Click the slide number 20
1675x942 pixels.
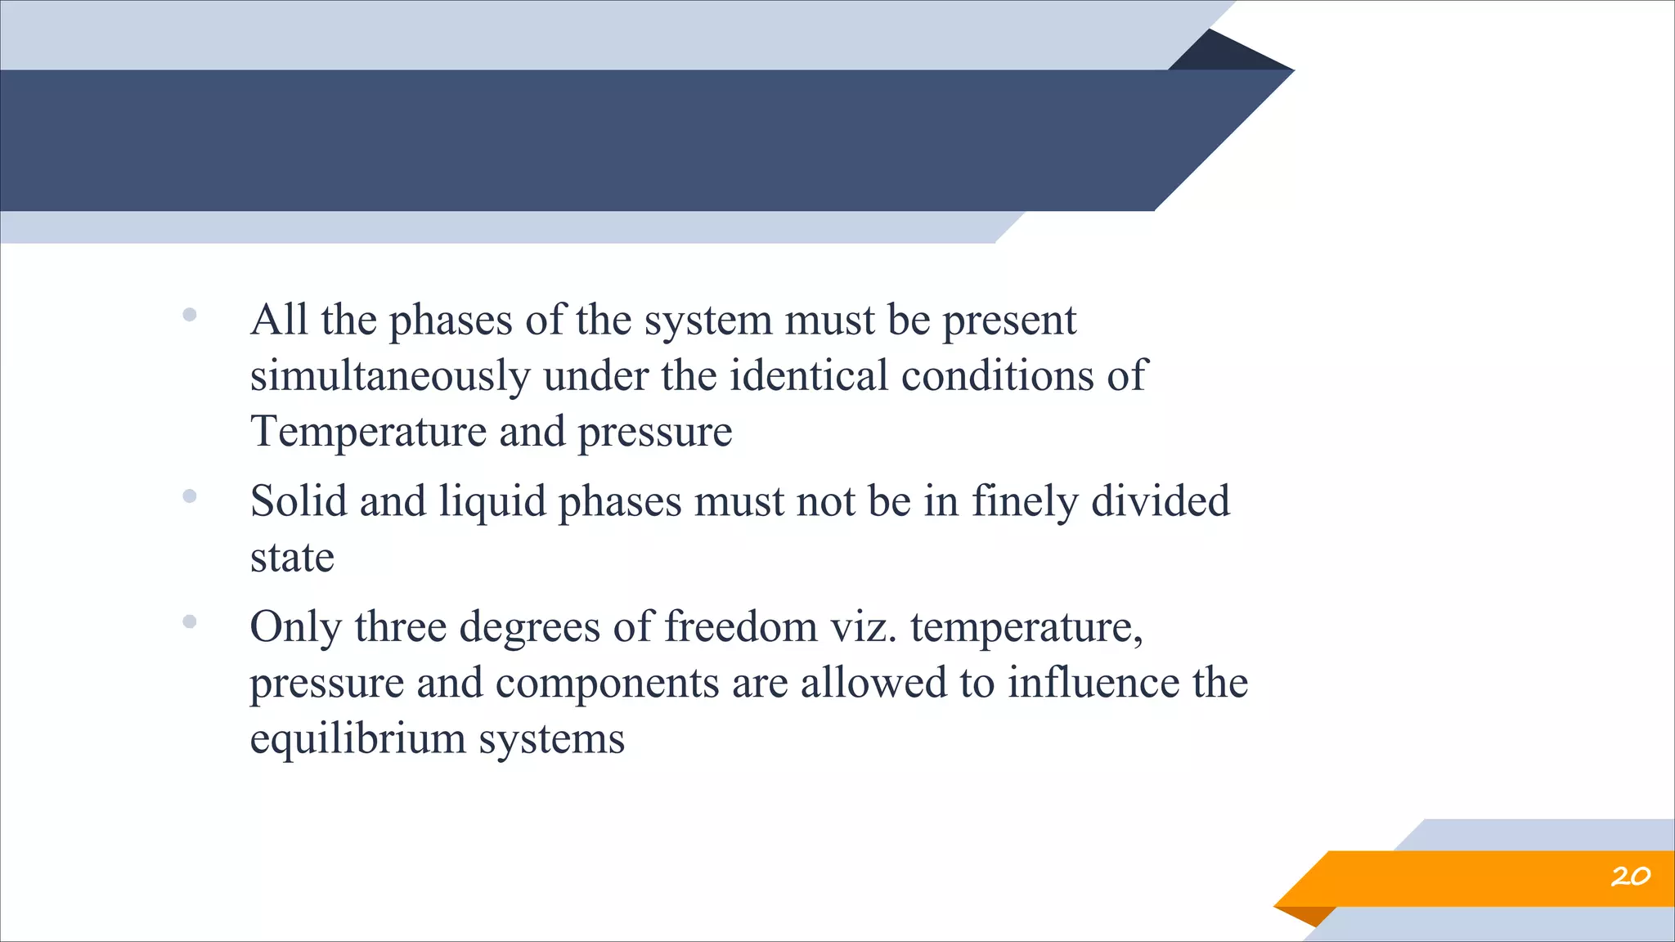tap(1630, 877)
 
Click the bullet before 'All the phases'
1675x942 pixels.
tap(190, 315)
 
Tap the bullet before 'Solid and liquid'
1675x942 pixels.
tap(190, 496)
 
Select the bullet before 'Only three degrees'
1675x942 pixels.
tap(190, 622)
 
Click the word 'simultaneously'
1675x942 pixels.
tap(390, 377)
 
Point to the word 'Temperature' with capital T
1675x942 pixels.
tap(368, 432)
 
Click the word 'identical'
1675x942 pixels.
tap(808, 376)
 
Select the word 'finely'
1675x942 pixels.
tap(1025, 503)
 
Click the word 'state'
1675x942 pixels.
tap(292, 558)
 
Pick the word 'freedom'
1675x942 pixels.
tap(740, 627)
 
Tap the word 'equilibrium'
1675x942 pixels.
tap(357, 740)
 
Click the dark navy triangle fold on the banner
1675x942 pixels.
tap(1227, 53)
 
